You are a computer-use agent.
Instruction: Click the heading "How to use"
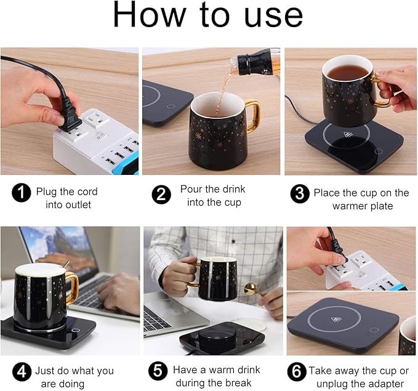pos(208,17)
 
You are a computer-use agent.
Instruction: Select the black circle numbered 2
pos(161,194)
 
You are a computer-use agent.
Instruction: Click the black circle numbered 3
pos(299,194)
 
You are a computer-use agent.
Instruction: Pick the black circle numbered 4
pos(22,372)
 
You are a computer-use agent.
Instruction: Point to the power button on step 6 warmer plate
pos(374,329)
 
